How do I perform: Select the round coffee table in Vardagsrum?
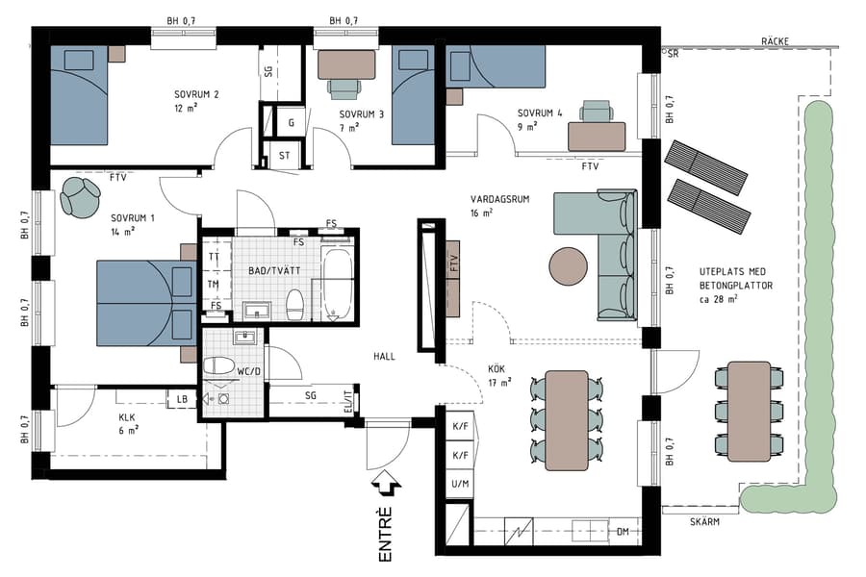(569, 266)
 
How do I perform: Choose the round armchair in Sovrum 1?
(80, 196)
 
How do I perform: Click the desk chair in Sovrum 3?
(344, 88)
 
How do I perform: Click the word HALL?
(385, 357)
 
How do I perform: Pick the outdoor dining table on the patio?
(750, 411)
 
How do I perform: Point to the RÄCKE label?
(775, 42)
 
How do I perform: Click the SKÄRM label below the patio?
(705, 522)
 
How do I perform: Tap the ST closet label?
(285, 154)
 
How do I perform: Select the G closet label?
(291, 123)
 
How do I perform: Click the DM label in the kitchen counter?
(623, 531)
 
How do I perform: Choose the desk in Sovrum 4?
(597, 136)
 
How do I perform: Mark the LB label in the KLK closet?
(181, 399)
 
